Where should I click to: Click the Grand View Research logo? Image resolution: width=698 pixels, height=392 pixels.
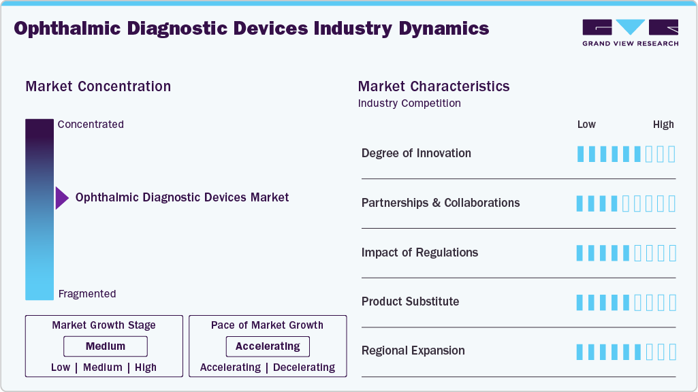tap(630, 33)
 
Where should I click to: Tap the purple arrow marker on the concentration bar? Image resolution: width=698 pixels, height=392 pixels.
tap(62, 198)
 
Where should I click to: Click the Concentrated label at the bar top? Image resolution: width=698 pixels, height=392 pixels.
tap(91, 125)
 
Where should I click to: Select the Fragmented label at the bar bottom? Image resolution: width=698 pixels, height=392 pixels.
tap(87, 294)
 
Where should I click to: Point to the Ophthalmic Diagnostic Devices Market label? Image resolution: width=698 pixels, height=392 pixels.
tap(182, 197)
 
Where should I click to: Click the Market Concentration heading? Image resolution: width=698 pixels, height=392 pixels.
tap(98, 86)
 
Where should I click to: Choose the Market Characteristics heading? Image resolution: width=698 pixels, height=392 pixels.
tap(434, 86)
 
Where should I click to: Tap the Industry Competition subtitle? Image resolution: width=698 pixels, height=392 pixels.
tap(409, 103)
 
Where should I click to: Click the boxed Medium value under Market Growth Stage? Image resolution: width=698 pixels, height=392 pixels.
tap(106, 346)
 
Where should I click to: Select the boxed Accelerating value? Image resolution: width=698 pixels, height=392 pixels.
tap(268, 346)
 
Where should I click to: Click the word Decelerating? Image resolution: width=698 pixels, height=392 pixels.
tap(304, 367)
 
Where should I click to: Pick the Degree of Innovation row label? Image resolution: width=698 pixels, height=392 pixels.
tap(416, 153)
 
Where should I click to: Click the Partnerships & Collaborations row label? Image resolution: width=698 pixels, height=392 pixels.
tap(441, 203)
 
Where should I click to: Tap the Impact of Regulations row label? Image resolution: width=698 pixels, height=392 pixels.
tap(419, 252)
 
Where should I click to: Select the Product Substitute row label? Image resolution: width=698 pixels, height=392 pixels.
tap(410, 301)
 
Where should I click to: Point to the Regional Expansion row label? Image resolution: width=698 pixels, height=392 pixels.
tap(413, 351)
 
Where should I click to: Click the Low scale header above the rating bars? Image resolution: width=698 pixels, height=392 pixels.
tap(586, 125)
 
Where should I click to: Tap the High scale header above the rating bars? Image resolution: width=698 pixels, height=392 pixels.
tap(663, 125)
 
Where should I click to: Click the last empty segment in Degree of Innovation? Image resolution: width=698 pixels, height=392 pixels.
tap(672, 154)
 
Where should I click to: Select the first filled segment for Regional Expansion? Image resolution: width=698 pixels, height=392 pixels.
tap(580, 352)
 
